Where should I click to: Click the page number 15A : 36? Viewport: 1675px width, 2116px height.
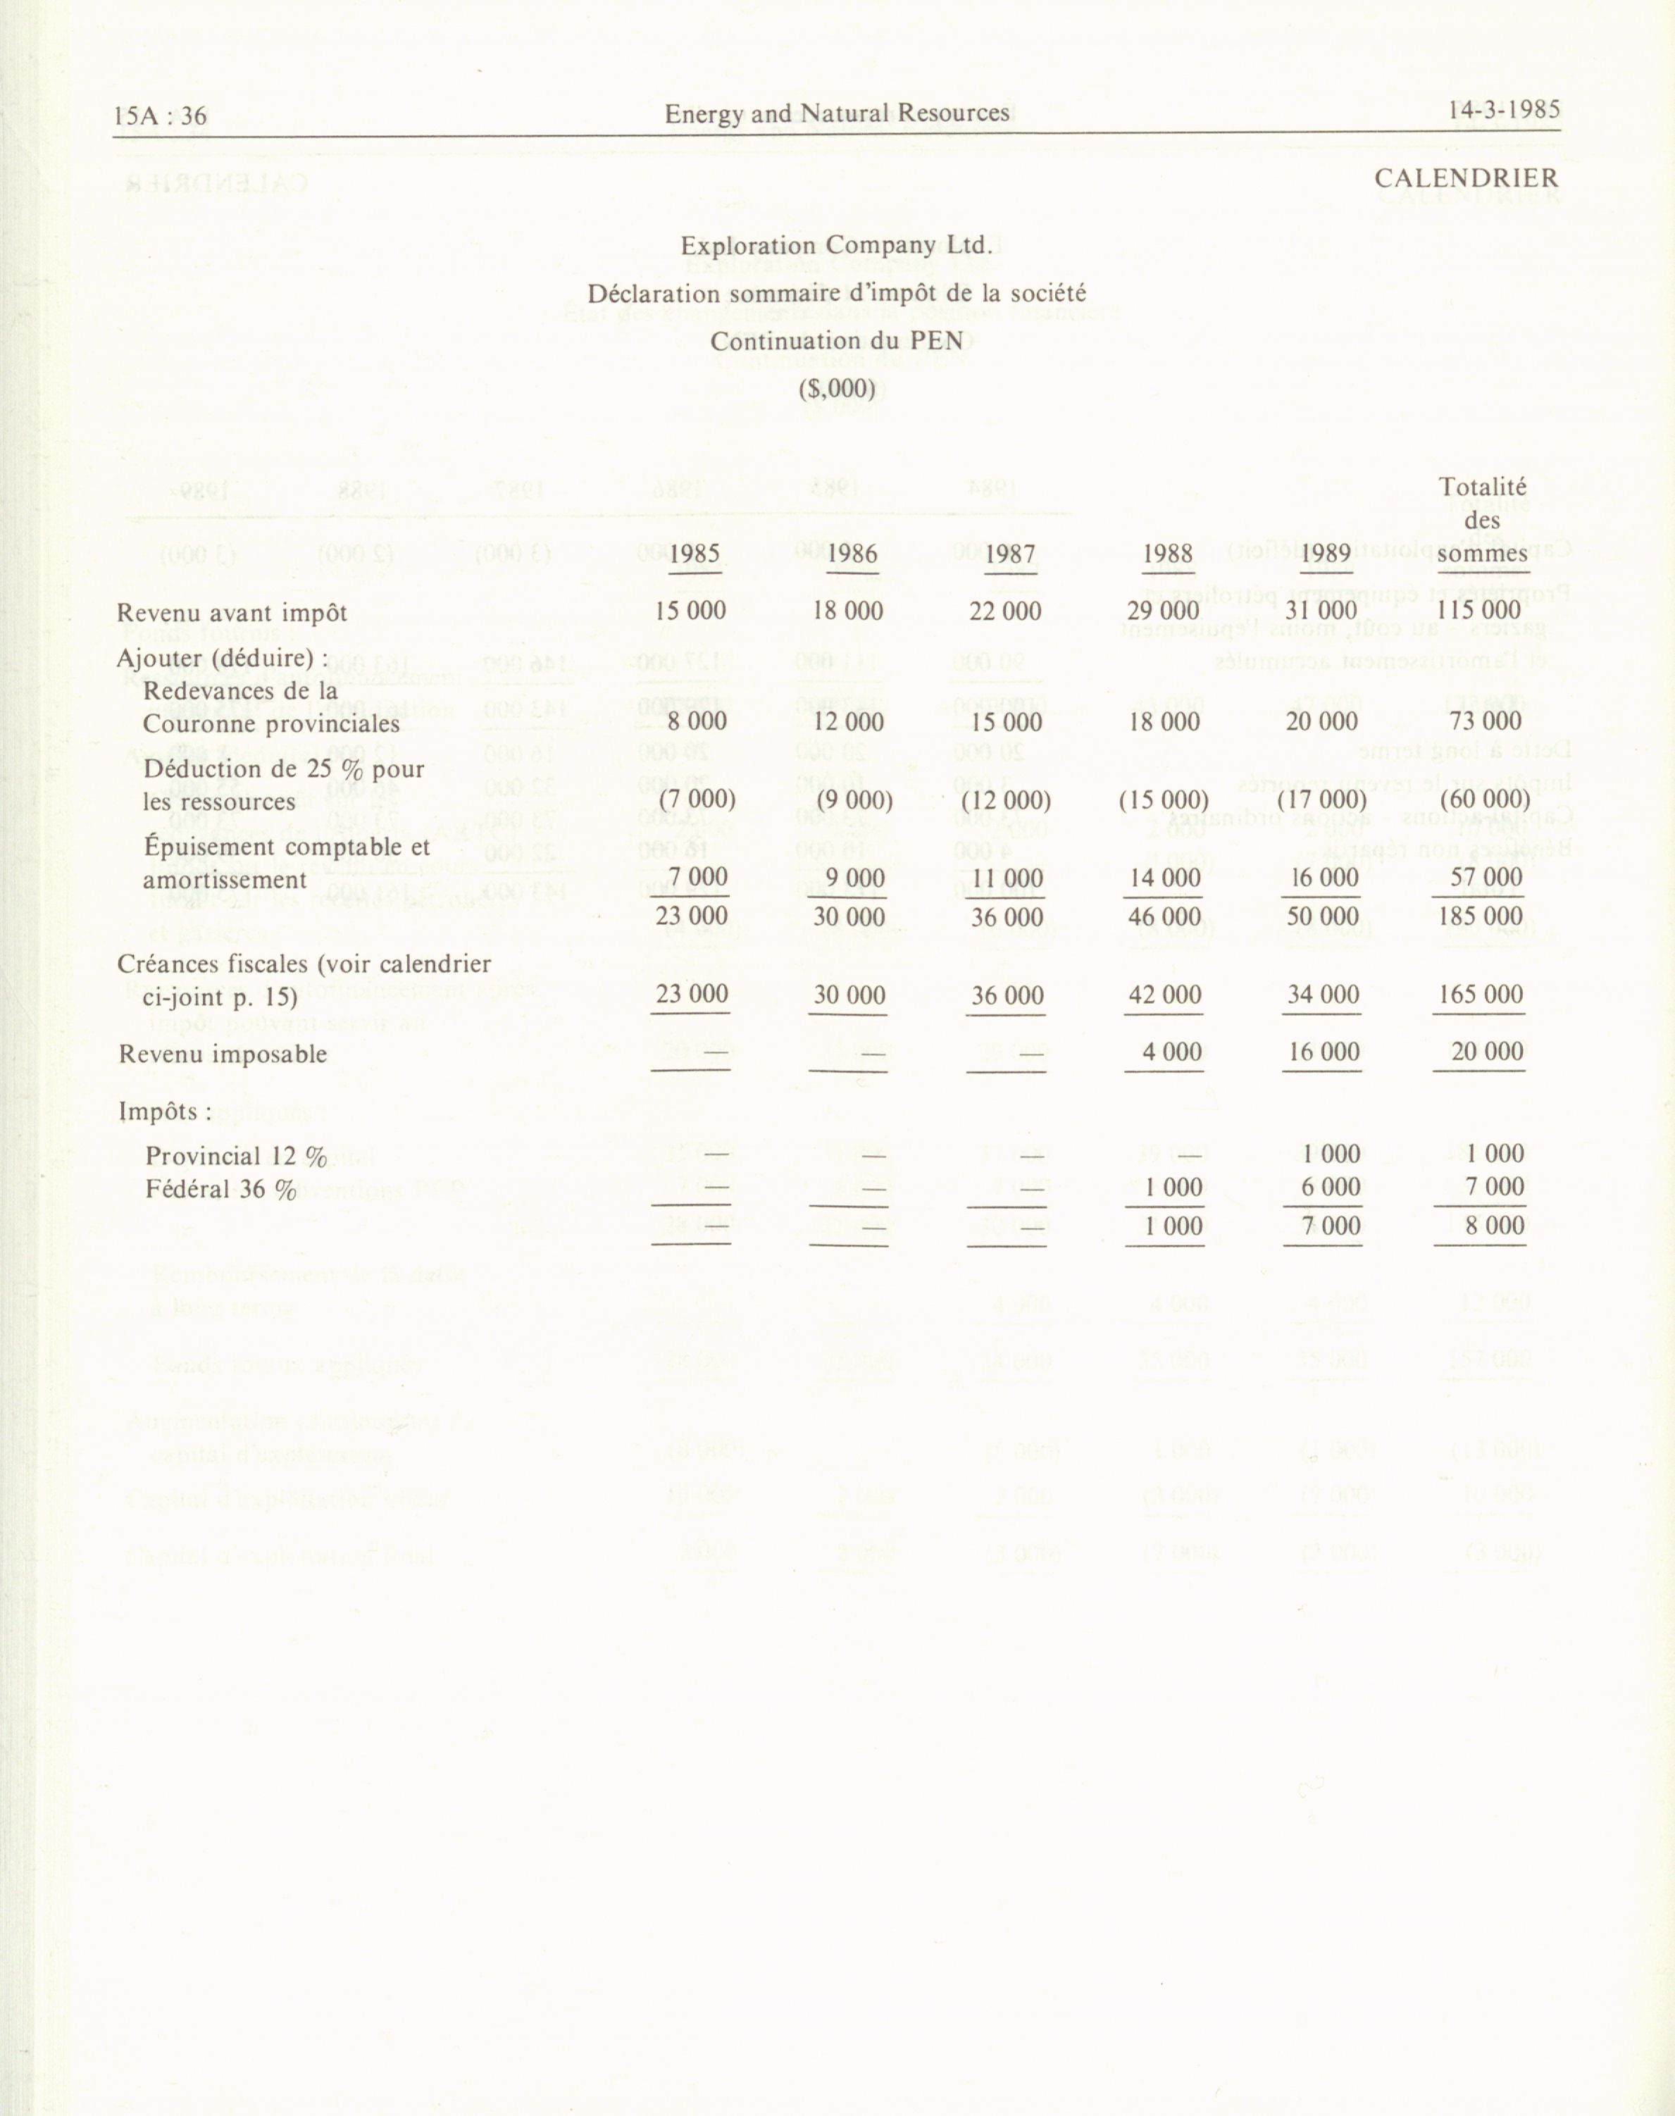[x=160, y=116]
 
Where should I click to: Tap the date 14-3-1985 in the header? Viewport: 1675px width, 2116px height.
[x=1503, y=110]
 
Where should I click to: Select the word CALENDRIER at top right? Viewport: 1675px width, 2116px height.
[x=1465, y=178]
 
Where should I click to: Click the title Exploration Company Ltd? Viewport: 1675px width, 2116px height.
[x=837, y=245]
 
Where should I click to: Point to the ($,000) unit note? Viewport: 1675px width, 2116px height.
[x=837, y=388]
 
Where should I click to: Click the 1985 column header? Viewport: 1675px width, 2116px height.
[x=695, y=554]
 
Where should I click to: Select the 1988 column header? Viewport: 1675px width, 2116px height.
[x=1167, y=554]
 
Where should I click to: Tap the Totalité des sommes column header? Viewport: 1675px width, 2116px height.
[x=1482, y=520]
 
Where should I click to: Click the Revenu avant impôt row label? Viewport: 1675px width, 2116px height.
[x=232, y=613]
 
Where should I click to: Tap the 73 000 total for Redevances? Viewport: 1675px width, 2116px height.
[x=1485, y=722]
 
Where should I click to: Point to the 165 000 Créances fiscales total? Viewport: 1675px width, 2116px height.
[x=1480, y=995]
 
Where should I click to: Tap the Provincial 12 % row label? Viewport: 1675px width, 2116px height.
[x=235, y=1157]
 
